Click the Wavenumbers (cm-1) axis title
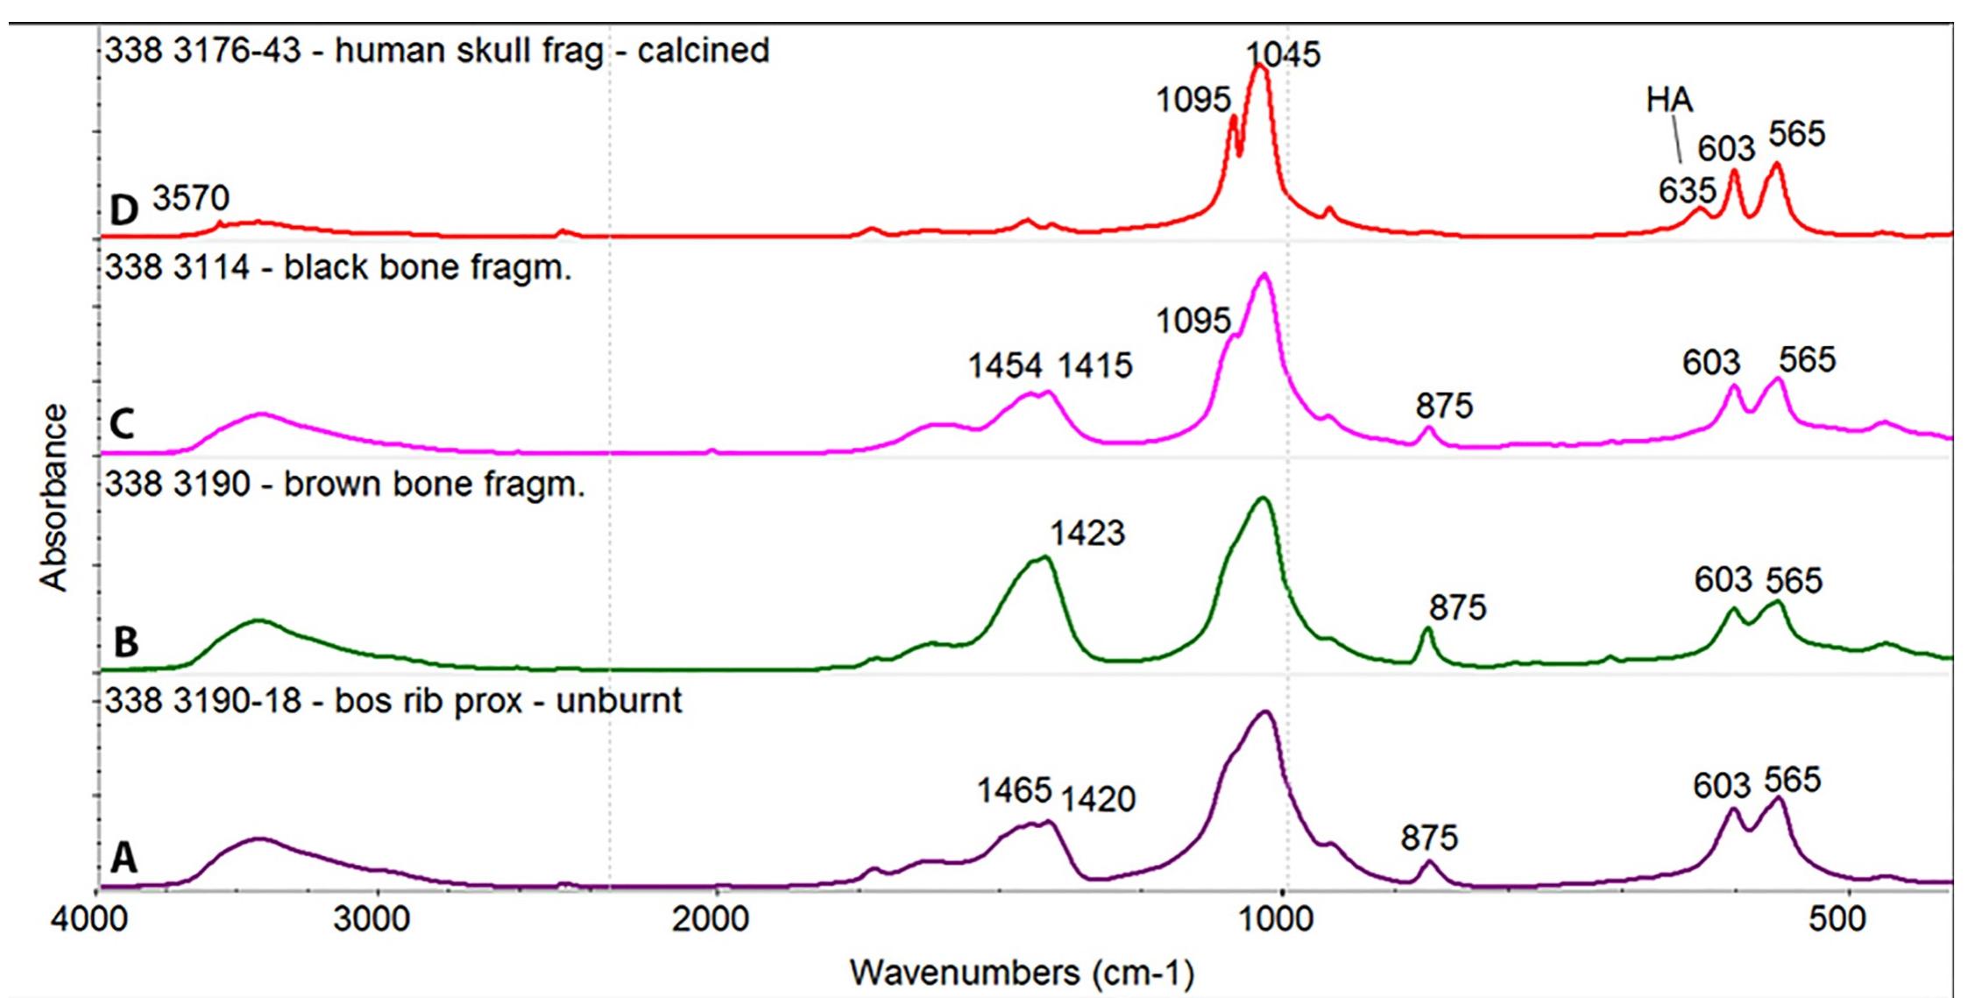(x=1021, y=973)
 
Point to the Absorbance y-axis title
(x=54, y=498)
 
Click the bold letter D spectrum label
(x=124, y=210)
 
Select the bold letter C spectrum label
(x=123, y=425)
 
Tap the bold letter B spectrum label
(x=125, y=642)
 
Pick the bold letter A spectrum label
(x=124, y=859)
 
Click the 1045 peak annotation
(x=1283, y=54)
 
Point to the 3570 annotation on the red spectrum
(x=191, y=199)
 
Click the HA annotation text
(x=1668, y=101)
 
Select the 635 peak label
(x=1687, y=191)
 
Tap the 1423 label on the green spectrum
(x=1087, y=533)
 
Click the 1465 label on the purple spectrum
(x=1014, y=791)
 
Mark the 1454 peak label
(x=1005, y=365)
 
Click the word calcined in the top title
(x=703, y=51)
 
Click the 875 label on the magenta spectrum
(x=1444, y=406)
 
